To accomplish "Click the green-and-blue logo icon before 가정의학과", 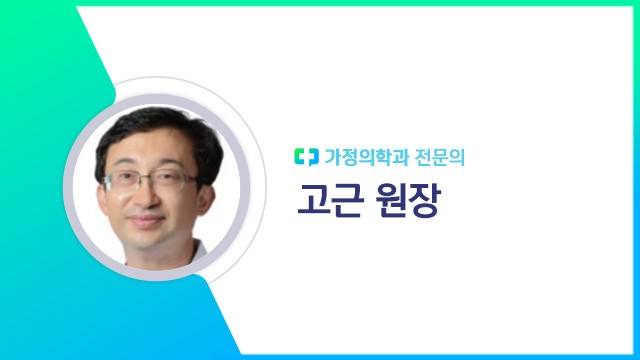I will coord(306,156).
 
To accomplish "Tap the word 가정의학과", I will coord(361,156).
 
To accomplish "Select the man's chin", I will coord(149,240).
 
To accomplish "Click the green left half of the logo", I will coord(301,156).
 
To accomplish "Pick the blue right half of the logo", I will coord(311,156).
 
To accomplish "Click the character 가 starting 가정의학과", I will coord(333,156).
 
